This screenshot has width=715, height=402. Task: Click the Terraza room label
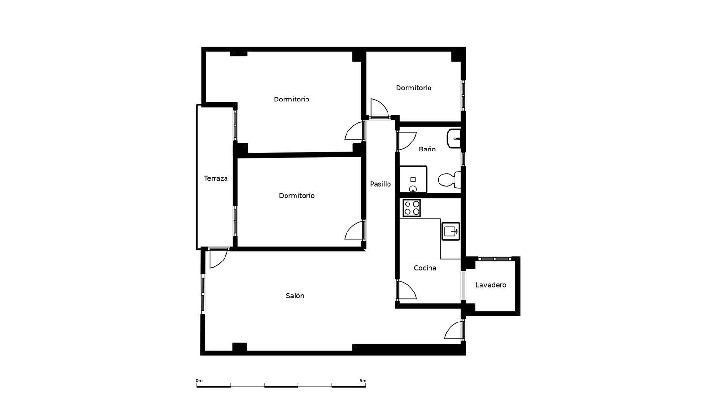click(x=216, y=178)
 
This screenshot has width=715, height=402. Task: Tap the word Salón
click(x=295, y=296)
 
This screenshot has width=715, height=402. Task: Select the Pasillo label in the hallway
click(x=380, y=184)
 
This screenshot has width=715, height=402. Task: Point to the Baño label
click(x=427, y=149)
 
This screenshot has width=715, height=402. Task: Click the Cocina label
click(x=425, y=268)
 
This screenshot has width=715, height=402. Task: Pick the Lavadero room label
click(x=491, y=285)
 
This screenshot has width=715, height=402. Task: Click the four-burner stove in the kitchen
click(x=412, y=208)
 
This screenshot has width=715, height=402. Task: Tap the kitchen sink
click(x=451, y=231)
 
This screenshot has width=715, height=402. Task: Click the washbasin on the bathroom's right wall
click(x=454, y=139)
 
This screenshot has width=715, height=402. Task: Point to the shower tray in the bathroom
click(x=413, y=179)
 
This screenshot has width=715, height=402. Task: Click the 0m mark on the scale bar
click(x=199, y=380)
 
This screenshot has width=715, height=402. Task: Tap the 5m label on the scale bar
click(x=363, y=380)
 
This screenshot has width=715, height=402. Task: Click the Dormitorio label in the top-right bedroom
click(x=414, y=88)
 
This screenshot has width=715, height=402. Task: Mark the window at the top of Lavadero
click(x=494, y=259)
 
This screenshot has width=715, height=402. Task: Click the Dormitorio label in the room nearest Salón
click(x=297, y=196)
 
